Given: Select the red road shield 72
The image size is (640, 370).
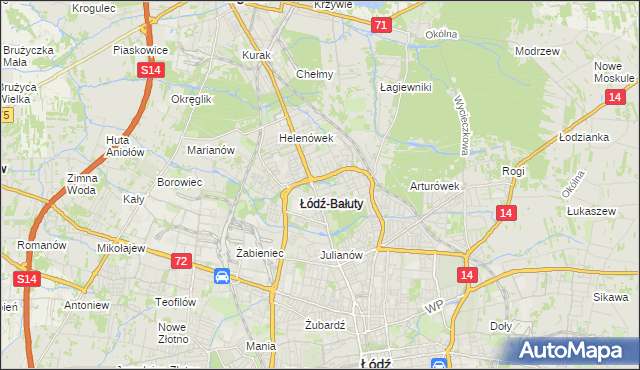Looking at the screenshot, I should coord(179,261).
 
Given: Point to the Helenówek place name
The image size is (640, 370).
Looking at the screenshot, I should coord(305,138).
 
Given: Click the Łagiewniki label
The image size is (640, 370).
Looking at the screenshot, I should coord(405,87).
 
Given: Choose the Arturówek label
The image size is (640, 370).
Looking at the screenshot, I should coord(434,186).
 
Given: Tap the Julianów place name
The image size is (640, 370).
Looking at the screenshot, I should coord(340,254).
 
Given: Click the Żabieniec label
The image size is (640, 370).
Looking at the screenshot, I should coord(260,253).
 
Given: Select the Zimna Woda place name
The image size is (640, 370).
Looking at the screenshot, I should coord(82,183).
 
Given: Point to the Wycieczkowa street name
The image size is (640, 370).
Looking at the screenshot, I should coord(461,126).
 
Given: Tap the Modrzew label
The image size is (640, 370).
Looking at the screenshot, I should coord(535,50).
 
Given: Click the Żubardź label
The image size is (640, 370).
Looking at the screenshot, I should coord(324,325).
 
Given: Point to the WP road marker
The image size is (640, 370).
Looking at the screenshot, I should coord(433,308).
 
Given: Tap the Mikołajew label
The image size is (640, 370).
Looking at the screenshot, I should coord(122,247).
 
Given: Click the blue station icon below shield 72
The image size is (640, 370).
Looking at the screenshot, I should coord(222,275).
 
